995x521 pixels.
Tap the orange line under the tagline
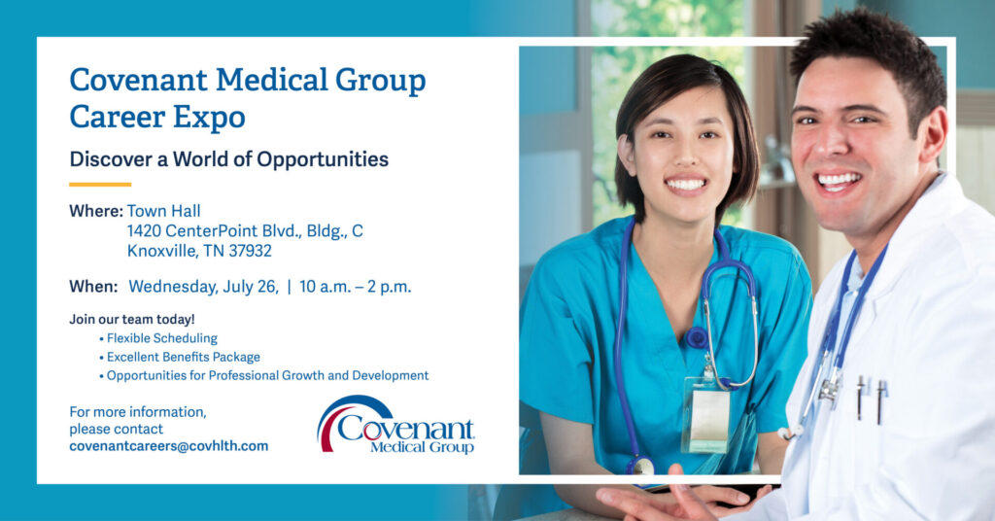click(x=99, y=184)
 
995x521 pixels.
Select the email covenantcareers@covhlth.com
click(x=168, y=446)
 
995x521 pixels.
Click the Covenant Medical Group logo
click(x=395, y=425)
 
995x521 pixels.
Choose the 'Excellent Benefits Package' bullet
click(x=183, y=357)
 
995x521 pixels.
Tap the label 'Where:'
click(x=95, y=211)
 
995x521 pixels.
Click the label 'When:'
click(x=93, y=287)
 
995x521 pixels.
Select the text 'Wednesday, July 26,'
click(x=203, y=287)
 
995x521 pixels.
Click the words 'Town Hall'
click(x=163, y=211)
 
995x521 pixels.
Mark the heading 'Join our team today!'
click(x=132, y=319)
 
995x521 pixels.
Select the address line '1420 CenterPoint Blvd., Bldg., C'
click(x=245, y=231)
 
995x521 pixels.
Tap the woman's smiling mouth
click(x=686, y=184)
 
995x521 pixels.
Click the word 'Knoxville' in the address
click(x=162, y=251)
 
